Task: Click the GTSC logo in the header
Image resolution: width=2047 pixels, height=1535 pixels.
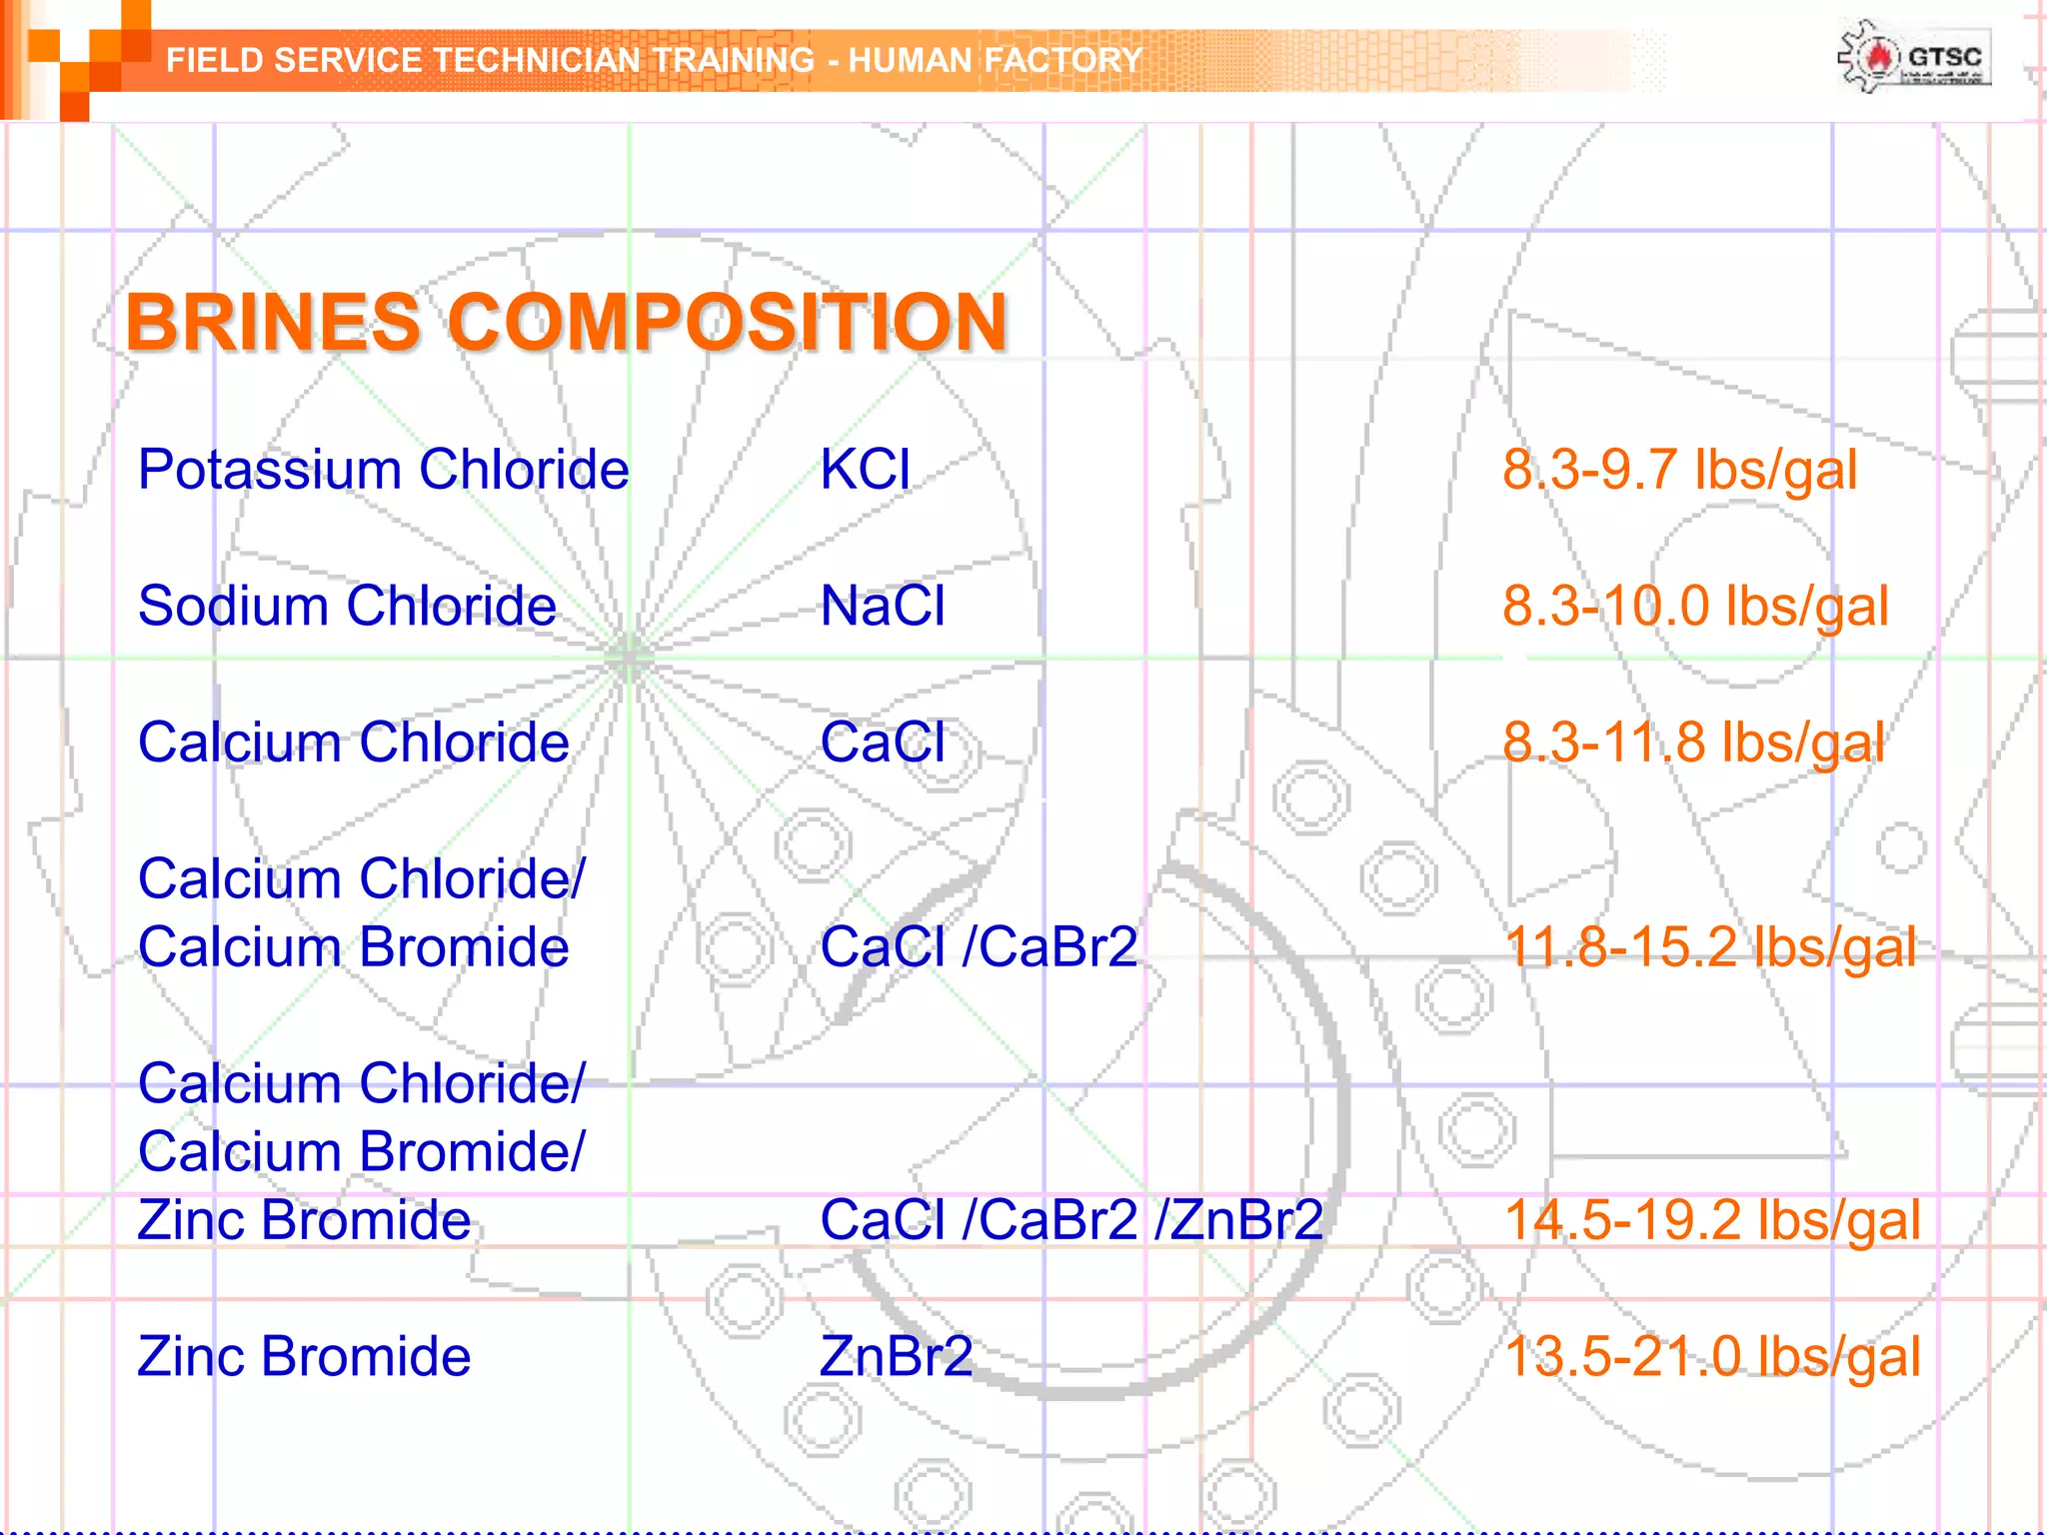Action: (1913, 58)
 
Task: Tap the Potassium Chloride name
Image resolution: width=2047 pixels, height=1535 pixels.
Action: (383, 470)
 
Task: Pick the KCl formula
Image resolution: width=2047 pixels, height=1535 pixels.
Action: (865, 470)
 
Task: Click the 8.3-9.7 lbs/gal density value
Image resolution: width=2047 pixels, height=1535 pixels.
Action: (1679, 470)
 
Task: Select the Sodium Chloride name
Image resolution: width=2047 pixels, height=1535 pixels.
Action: (347, 606)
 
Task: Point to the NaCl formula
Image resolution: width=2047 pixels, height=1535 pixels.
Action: (882, 606)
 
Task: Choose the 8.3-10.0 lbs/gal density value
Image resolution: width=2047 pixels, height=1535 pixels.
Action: (1695, 606)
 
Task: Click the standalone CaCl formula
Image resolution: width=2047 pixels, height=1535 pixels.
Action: (882, 743)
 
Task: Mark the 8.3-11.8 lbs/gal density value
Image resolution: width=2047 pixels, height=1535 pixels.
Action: (1693, 743)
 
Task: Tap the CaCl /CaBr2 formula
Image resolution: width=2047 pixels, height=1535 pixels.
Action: (979, 946)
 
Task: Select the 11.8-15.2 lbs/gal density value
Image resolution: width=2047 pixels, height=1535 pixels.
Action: (1710, 946)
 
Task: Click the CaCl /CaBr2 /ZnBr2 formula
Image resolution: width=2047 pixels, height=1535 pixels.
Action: (1071, 1219)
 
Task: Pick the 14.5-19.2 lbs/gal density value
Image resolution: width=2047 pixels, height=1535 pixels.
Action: (1712, 1219)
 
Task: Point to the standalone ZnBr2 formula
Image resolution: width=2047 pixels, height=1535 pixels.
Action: (896, 1356)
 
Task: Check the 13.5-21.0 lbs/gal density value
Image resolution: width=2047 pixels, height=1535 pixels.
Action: (1712, 1356)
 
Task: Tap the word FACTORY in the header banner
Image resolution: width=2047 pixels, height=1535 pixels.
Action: (1062, 60)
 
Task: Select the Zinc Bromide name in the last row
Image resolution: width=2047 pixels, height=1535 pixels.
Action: (304, 1356)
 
